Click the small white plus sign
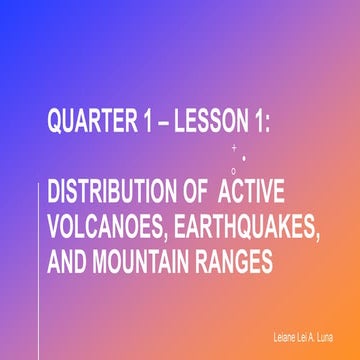coord(234,148)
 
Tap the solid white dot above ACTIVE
coord(246,158)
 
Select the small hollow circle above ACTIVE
coord(233,171)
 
